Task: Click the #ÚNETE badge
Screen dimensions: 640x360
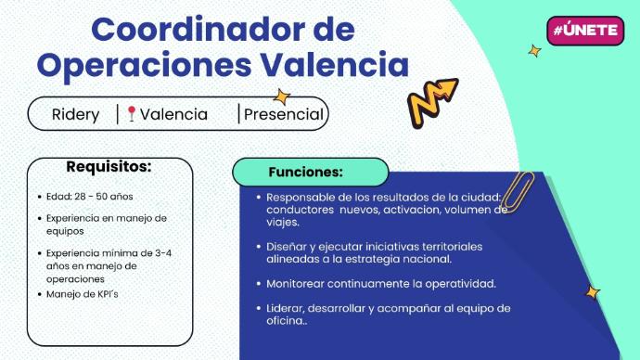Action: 585,31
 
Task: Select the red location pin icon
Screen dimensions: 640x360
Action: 131,113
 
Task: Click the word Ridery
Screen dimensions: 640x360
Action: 75,115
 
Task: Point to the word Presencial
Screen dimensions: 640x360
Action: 284,114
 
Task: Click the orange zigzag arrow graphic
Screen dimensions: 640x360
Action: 432,102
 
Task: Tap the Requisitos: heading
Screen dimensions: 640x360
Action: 109,166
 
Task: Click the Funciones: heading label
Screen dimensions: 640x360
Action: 306,172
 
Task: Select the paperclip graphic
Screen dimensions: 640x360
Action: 518,191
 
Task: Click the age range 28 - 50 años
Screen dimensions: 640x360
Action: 104,197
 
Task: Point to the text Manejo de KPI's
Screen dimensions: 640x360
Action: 82,294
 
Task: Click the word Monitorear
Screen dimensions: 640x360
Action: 295,284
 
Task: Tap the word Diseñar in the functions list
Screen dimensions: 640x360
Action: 286,247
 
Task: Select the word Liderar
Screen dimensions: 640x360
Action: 286,308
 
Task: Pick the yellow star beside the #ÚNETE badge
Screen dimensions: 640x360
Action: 534,51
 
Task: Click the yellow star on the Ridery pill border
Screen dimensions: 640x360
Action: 282,97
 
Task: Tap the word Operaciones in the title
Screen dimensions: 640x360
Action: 144,65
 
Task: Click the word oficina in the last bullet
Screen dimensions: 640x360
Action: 284,320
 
